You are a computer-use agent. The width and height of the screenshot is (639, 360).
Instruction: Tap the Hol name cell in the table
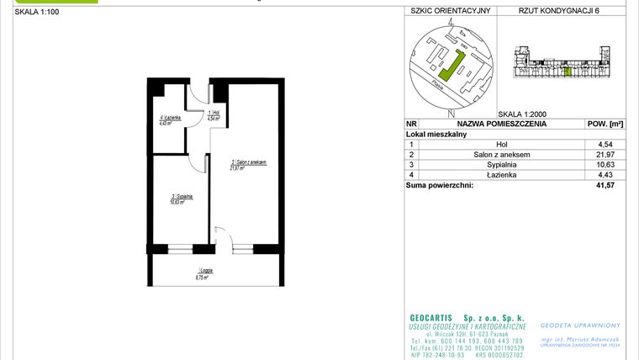point(502,144)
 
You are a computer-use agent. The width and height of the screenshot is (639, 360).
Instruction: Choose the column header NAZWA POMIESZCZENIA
point(502,123)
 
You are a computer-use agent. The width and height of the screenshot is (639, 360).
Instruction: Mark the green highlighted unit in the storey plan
point(568,71)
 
